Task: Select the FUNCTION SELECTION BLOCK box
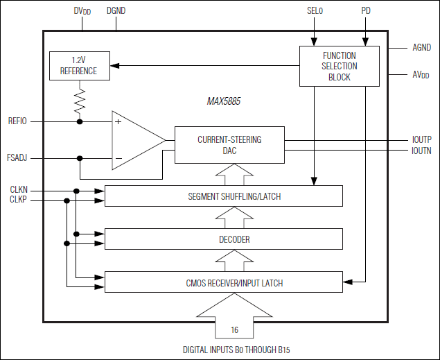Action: click(339, 66)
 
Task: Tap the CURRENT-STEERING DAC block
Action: click(229, 144)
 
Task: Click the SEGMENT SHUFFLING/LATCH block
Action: click(224, 196)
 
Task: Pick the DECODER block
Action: click(224, 239)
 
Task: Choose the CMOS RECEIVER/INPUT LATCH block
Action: click(224, 282)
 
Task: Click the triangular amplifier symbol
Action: click(136, 140)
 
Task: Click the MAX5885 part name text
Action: click(223, 101)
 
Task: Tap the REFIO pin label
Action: click(18, 121)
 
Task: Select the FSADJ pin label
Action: click(18, 158)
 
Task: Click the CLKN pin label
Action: click(18, 190)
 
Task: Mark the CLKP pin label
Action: click(18, 200)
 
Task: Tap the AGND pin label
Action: click(421, 48)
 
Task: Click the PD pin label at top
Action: click(366, 11)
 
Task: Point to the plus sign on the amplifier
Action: click(118, 121)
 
